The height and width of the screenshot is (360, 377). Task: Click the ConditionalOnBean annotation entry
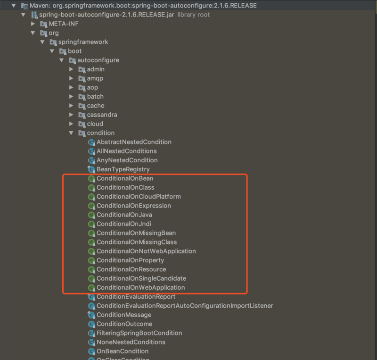[125, 178]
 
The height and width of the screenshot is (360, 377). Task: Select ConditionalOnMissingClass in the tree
[137, 242]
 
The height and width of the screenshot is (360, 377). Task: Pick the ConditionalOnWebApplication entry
[140, 287]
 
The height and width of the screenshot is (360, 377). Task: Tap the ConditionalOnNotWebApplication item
[146, 251]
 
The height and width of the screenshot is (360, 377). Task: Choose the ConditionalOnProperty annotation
[130, 260]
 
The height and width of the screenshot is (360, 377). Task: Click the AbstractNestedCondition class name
[134, 142]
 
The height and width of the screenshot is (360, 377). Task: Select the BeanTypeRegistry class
[123, 169]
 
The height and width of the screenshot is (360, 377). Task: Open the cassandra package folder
[102, 115]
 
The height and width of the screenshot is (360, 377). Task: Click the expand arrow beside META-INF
[33, 24]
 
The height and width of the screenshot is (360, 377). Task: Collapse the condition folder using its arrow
[71, 133]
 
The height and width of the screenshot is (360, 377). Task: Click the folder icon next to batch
[82, 97]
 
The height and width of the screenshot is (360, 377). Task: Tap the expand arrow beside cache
[71, 106]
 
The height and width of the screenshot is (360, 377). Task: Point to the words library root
[194, 15]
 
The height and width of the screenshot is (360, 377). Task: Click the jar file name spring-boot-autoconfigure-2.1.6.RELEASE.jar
[107, 15]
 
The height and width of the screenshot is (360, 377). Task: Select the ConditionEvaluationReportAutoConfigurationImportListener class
[185, 306]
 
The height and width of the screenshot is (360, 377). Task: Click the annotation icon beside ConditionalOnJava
[91, 215]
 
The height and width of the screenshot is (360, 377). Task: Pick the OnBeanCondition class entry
[123, 352]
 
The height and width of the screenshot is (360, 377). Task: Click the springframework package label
[83, 42]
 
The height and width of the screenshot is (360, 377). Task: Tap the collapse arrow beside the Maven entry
[14, 5]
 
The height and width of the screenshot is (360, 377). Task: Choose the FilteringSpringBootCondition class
[139, 333]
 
